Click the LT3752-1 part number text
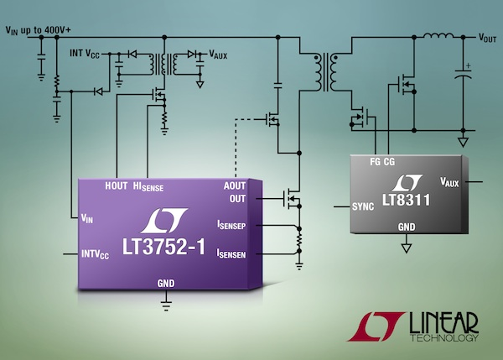[166, 248]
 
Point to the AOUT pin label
[236, 186]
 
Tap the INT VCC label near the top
[86, 53]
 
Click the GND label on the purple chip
[166, 284]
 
